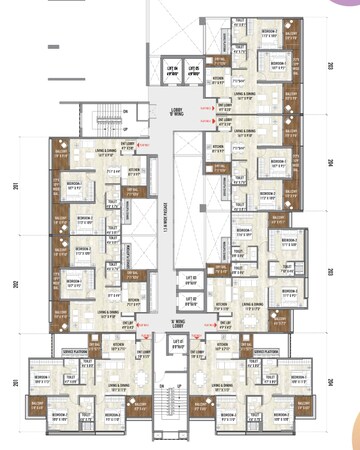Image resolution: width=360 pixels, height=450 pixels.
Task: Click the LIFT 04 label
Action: coord(172,70)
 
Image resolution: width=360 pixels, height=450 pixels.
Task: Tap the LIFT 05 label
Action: coord(194,70)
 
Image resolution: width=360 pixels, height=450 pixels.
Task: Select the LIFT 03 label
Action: coord(191,279)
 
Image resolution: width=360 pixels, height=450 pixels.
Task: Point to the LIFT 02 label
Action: coord(191,299)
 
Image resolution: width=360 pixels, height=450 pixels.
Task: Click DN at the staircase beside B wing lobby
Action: coord(124,111)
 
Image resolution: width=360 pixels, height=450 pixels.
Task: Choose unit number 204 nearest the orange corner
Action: coord(330,382)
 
